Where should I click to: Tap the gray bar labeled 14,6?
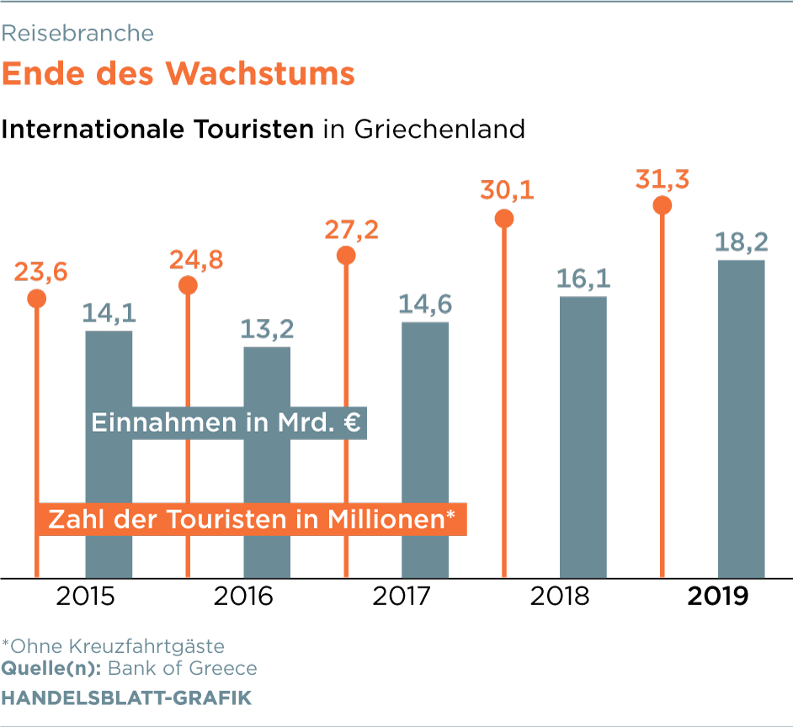pos(425,450)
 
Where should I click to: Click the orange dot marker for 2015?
pos(36,298)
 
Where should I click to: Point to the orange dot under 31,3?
pos(663,205)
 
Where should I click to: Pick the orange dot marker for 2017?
pos(346,255)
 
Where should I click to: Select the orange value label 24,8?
pos(195,259)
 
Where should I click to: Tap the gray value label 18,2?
pos(741,242)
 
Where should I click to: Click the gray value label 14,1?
pos(109,313)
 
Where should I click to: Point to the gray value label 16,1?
pos(583,279)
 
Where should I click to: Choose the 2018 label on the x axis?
pos(560,597)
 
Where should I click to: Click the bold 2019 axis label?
pos(718,597)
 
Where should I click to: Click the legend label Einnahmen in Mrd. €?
pos(226,422)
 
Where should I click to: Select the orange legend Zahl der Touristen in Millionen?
pos(251,518)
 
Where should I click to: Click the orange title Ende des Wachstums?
pos(178,73)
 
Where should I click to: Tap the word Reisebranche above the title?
pos(77,33)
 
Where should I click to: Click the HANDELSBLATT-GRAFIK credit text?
pos(125,698)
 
